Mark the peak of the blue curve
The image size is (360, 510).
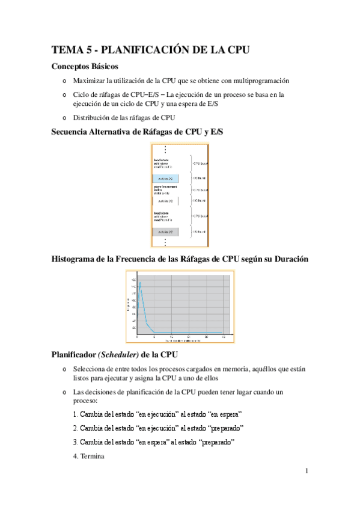coord(141,282)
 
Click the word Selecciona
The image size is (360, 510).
coord(91,368)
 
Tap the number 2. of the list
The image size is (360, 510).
coord(75,428)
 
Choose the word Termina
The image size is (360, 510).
coord(93,456)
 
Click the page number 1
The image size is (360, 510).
coord(306,470)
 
